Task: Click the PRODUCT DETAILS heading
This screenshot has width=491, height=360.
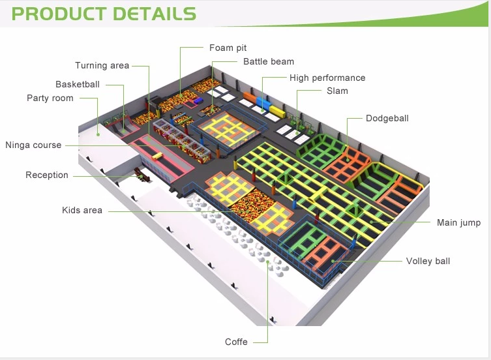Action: coord(104,14)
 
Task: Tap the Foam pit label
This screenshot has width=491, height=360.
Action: coord(228,48)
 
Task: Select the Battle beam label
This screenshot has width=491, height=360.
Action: coord(268,61)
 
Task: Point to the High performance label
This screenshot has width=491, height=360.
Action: coord(327,78)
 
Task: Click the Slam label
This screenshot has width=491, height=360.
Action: coord(337,91)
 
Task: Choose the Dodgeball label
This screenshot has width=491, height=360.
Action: coord(387,118)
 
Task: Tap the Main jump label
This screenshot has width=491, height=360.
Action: coord(458,222)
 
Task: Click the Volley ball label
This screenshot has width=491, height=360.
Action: coord(428,261)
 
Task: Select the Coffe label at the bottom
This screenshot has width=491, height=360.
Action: coord(236,342)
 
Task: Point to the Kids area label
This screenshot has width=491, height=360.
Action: coord(82,210)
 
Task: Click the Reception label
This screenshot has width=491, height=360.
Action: coord(47,175)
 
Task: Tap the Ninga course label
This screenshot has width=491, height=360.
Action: coord(33,145)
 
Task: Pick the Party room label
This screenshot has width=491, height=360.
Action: coord(50,98)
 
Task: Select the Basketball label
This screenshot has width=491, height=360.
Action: coord(78,84)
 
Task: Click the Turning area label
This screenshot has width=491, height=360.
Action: coord(102,65)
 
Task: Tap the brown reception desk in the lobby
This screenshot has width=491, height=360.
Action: coord(138,174)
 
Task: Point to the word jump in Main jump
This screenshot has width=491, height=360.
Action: coord(469,223)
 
